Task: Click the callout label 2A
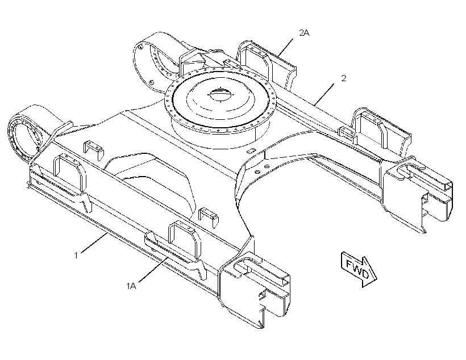(x=304, y=33)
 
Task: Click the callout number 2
(x=344, y=78)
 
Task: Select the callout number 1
(x=76, y=255)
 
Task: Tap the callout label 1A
(x=131, y=286)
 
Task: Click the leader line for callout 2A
(x=285, y=47)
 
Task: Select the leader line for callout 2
(x=324, y=94)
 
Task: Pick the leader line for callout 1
(x=94, y=243)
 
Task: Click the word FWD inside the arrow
(x=357, y=269)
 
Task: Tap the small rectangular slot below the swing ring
(x=251, y=150)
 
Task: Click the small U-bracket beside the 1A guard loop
(x=209, y=216)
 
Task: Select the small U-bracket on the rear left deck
(x=93, y=150)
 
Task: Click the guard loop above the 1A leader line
(x=185, y=241)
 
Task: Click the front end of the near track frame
(x=255, y=290)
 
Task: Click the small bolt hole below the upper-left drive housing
(x=152, y=82)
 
